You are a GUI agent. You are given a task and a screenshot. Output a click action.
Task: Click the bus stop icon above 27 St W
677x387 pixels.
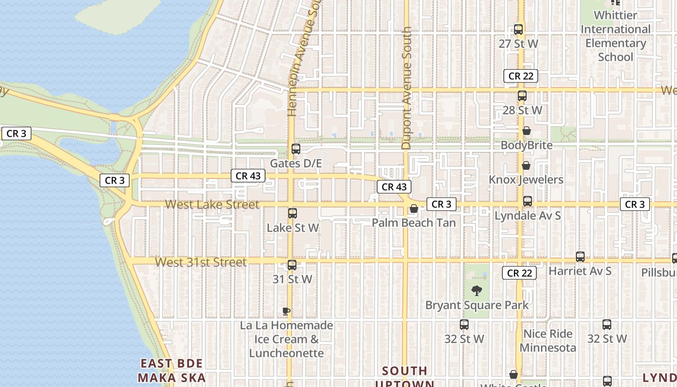coord(518,30)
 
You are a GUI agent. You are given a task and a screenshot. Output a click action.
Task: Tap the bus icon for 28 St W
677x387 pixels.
coord(522,96)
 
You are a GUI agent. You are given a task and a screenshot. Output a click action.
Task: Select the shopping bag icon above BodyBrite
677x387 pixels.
coord(527,131)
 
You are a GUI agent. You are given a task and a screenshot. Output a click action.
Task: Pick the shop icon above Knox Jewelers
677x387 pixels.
coord(526,165)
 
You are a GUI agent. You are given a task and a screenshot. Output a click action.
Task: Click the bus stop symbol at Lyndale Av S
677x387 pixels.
coord(528,201)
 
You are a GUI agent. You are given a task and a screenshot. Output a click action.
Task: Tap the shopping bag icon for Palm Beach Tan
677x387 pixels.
coord(414,208)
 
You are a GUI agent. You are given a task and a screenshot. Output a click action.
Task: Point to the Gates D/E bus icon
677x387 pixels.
coord(296,149)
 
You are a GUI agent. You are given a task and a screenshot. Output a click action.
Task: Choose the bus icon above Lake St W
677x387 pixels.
coord(293,213)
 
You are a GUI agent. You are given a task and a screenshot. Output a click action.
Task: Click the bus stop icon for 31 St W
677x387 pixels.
coord(292,265)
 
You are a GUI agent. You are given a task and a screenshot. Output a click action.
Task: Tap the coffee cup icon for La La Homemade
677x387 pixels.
coord(286,311)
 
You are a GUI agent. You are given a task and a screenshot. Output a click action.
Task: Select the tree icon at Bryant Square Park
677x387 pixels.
coord(477,291)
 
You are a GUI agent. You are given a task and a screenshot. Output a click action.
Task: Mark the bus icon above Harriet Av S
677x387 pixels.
coord(580,257)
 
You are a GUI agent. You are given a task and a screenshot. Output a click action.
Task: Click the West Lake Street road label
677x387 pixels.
coord(212,205)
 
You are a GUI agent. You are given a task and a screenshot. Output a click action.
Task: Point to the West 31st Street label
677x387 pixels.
coord(201,262)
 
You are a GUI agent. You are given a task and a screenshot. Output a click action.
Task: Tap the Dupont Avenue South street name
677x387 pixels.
coord(406,88)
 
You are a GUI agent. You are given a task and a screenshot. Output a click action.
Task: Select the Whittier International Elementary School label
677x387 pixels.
coord(615,36)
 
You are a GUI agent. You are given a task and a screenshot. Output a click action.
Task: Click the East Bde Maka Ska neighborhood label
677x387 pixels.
coord(172,371)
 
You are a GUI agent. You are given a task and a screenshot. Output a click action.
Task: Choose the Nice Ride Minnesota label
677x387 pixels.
coord(548,341)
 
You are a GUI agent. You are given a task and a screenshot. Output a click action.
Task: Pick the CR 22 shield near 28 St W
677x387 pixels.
coord(521,76)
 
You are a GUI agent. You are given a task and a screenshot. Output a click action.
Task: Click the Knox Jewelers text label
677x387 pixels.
coord(526,180)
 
